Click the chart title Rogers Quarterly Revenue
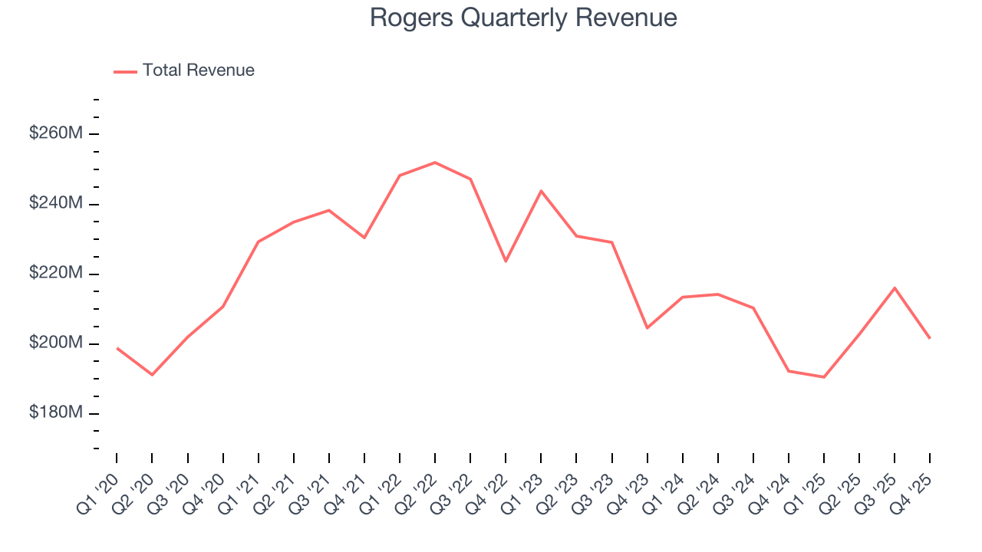523,18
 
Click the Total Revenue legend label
198,71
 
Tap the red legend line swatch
126,71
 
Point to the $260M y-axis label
56,133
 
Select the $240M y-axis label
56,203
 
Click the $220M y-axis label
56,273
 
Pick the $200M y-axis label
56,343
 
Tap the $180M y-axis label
56,412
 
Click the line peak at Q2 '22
435,163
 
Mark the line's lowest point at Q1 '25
824,377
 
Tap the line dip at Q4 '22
506,261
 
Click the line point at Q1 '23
541,191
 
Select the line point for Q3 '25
895,287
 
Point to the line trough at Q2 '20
152,375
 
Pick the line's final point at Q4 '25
930,338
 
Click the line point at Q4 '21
364,238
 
